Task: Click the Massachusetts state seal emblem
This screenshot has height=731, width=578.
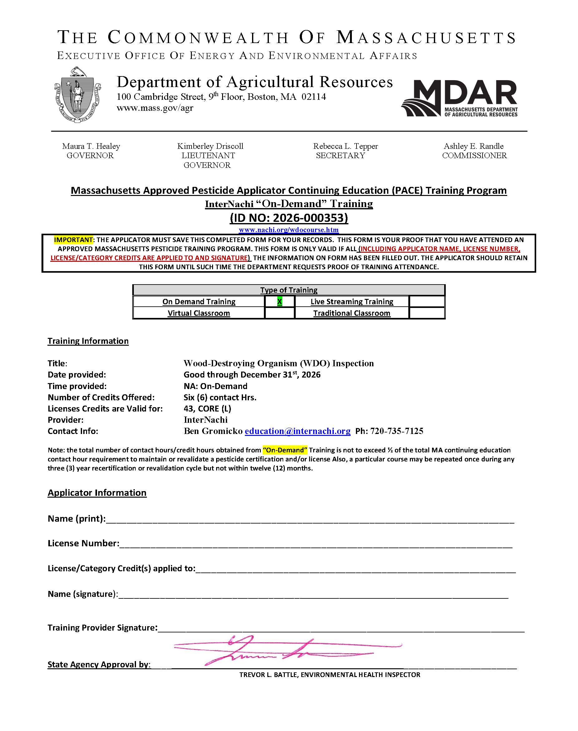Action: [x=77, y=95]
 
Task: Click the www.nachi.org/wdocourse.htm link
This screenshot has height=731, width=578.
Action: [x=289, y=230]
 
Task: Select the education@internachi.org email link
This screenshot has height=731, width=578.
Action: [x=298, y=431]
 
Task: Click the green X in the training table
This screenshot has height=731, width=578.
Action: [x=279, y=301]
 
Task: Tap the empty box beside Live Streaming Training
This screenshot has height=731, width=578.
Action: [x=427, y=301]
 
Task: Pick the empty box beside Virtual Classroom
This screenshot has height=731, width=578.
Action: [x=279, y=313]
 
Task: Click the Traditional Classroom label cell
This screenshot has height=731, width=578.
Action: [x=352, y=313]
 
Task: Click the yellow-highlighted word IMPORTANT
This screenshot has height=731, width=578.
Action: [x=73, y=240]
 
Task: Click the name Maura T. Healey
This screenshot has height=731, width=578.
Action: [x=91, y=146]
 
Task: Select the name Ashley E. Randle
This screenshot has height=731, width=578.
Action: [x=474, y=146]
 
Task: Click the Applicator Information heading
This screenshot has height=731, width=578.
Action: [x=97, y=493]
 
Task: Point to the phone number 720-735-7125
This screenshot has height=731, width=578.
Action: [x=396, y=431]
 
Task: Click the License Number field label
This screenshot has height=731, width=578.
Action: [x=83, y=543]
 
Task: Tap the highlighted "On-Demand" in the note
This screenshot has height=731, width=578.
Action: [x=285, y=450]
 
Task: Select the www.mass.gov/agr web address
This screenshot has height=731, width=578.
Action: [x=155, y=108]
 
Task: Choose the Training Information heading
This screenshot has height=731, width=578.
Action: [x=88, y=341]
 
